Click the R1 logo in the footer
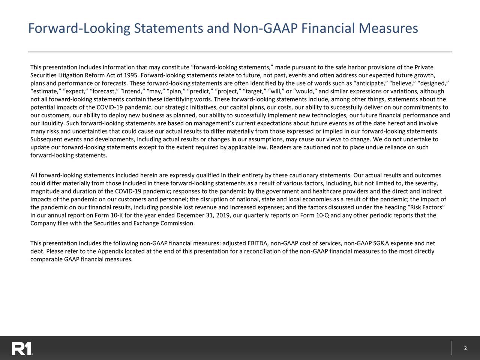point(21,348)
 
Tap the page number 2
point(465,348)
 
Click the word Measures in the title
point(387,28)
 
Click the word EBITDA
point(256,243)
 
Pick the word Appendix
point(113,251)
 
